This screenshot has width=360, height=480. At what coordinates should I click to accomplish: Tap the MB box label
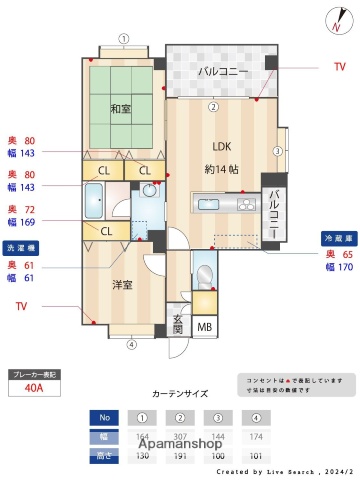(204, 327)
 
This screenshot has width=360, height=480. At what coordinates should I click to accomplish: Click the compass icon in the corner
(332, 20)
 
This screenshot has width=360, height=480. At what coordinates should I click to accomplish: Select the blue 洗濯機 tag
(23, 246)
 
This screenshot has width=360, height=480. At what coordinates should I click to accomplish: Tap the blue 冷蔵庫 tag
(337, 238)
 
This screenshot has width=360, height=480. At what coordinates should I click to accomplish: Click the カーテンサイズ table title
(180, 394)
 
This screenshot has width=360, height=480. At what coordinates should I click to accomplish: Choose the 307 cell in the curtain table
(180, 436)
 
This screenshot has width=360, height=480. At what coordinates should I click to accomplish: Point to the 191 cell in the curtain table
(180, 454)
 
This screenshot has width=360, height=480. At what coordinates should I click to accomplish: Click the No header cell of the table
(103, 417)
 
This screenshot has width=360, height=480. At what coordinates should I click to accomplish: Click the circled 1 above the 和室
(123, 39)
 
